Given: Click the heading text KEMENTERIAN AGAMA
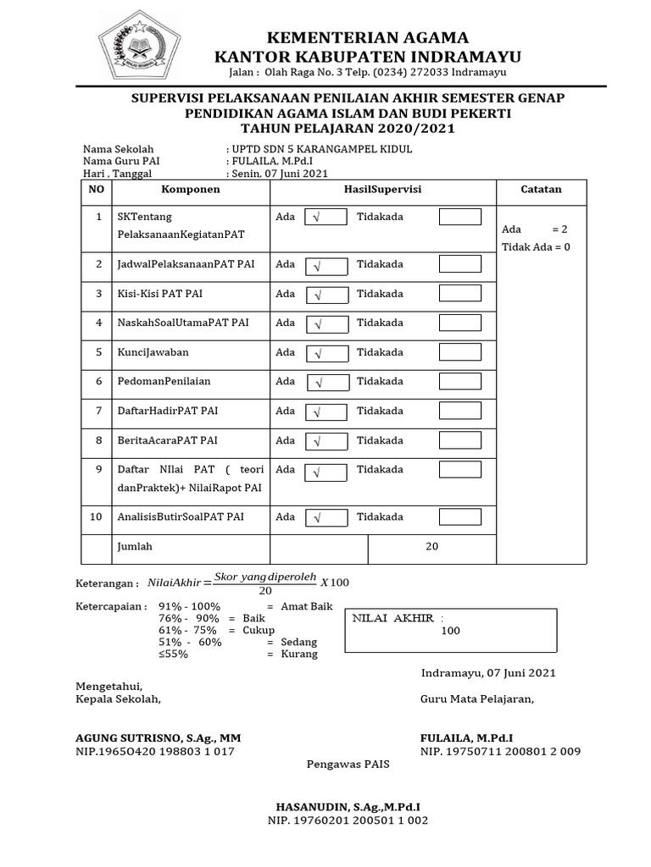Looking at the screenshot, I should coord(368,37).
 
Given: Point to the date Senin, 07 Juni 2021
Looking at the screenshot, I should coord(279,174).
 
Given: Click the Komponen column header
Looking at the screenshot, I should coord(191,190).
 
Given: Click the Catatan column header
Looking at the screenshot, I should coord(540,190).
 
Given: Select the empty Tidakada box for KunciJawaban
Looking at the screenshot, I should coord(460,352).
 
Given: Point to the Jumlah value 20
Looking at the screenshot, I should coord(431,547).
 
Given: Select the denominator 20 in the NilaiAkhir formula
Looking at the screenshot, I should coord(264,591).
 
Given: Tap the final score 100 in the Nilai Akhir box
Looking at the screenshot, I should coord(450,631).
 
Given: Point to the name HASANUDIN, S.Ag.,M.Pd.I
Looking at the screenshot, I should coord(348,807).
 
